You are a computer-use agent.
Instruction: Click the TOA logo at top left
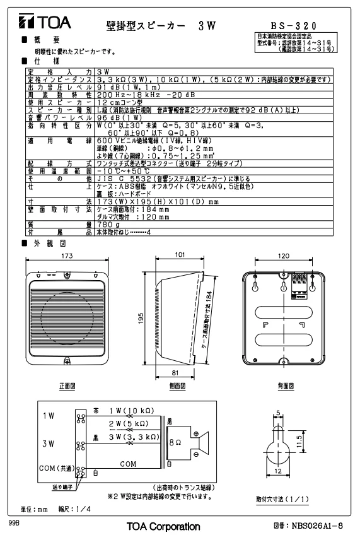point(45,21)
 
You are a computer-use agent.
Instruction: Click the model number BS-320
point(294,26)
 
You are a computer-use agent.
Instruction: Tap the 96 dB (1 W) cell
point(119,118)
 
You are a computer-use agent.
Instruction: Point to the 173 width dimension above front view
point(67,256)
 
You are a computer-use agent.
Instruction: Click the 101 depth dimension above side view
point(180,254)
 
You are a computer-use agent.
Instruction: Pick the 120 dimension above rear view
point(284,256)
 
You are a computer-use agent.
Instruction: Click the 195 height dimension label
point(141,319)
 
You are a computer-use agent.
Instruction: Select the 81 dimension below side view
point(175,373)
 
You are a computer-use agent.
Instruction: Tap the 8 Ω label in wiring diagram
point(175,442)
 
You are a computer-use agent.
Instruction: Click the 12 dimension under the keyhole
point(278,471)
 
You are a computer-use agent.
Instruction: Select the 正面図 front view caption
point(67,386)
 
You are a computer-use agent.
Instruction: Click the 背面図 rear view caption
point(286,386)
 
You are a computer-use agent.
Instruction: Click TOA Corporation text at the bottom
point(163,526)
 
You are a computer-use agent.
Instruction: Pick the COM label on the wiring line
point(128,464)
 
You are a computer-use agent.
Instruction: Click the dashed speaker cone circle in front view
point(67,319)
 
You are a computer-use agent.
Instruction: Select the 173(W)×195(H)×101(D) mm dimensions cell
point(158,202)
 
